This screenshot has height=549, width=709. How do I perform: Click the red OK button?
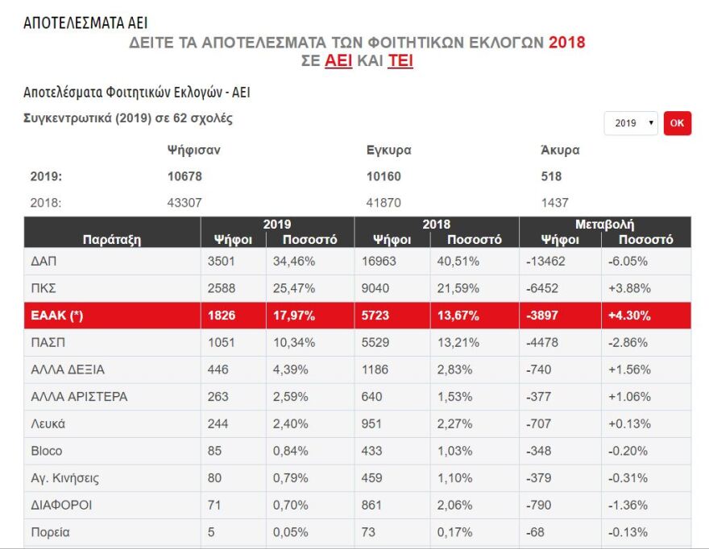[x=677, y=123]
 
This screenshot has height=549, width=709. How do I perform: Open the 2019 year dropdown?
[x=631, y=123]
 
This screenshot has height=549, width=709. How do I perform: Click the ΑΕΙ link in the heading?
[x=338, y=61]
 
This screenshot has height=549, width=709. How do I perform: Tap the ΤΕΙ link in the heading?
[x=400, y=61]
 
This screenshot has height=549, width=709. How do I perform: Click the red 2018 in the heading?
[x=567, y=43]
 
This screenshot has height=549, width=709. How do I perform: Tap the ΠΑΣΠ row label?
[x=48, y=343]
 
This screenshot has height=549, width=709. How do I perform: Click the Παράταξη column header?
[x=112, y=239]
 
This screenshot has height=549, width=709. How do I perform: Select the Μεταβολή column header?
[x=605, y=225]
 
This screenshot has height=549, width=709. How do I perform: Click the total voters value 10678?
[x=185, y=176]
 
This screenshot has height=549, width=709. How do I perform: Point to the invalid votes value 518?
[x=552, y=176]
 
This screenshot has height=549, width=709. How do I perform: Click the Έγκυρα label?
[x=389, y=150]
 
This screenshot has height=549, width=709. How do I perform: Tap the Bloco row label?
[x=46, y=451]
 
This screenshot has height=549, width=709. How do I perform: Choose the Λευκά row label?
[x=48, y=423]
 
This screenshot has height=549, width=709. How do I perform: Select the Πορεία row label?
[x=50, y=532]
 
